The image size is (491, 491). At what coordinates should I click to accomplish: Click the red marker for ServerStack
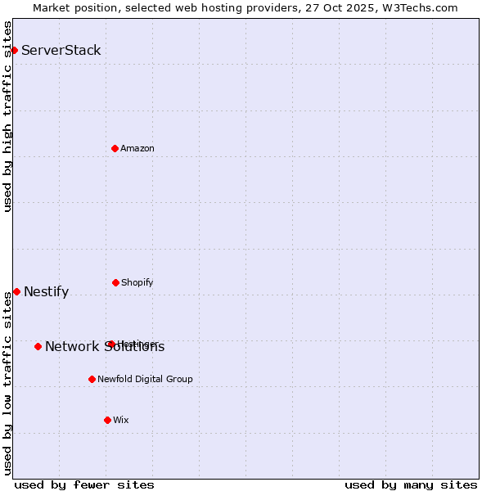(14, 50)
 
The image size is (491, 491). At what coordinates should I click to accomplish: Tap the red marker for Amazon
(115, 148)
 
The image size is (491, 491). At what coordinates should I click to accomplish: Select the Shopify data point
(115, 282)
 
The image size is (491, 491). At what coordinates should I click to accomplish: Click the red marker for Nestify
(16, 291)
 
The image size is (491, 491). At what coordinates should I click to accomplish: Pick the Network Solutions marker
(38, 346)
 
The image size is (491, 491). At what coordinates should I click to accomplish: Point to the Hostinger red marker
(111, 344)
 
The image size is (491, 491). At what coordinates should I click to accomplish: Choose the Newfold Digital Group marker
(92, 379)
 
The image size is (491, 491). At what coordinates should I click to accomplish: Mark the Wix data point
(107, 420)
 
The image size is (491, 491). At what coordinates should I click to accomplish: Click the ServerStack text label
(61, 50)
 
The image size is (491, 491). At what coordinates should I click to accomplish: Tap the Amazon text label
(137, 148)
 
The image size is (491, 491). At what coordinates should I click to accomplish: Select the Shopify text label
(137, 282)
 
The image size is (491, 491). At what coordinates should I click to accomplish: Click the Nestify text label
(47, 292)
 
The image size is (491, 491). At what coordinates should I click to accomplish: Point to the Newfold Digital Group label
(146, 379)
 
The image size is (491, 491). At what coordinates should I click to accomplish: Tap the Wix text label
(121, 420)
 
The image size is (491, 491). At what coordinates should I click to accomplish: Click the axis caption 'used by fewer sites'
(84, 484)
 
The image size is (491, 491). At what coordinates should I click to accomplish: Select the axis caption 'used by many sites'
(411, 484)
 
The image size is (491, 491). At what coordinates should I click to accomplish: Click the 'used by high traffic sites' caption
(8, 116)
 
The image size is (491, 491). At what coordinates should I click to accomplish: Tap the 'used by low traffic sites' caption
(8, 383)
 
